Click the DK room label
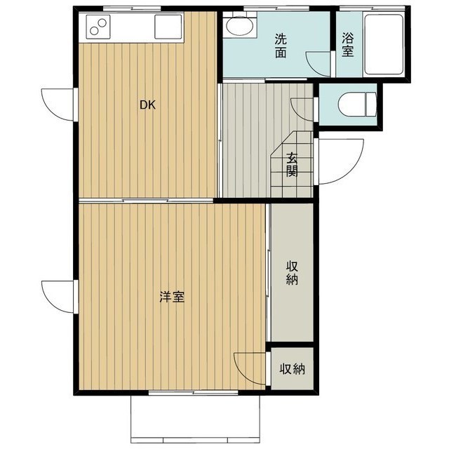(147, 106)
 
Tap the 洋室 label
(172, 297)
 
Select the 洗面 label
(280, 46)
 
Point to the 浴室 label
(347, 46)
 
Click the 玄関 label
(292, 165)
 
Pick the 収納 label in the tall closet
(292, 273)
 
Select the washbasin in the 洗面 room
(238, 29)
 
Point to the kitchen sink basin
(168, 29)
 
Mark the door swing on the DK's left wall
(58, 105)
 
